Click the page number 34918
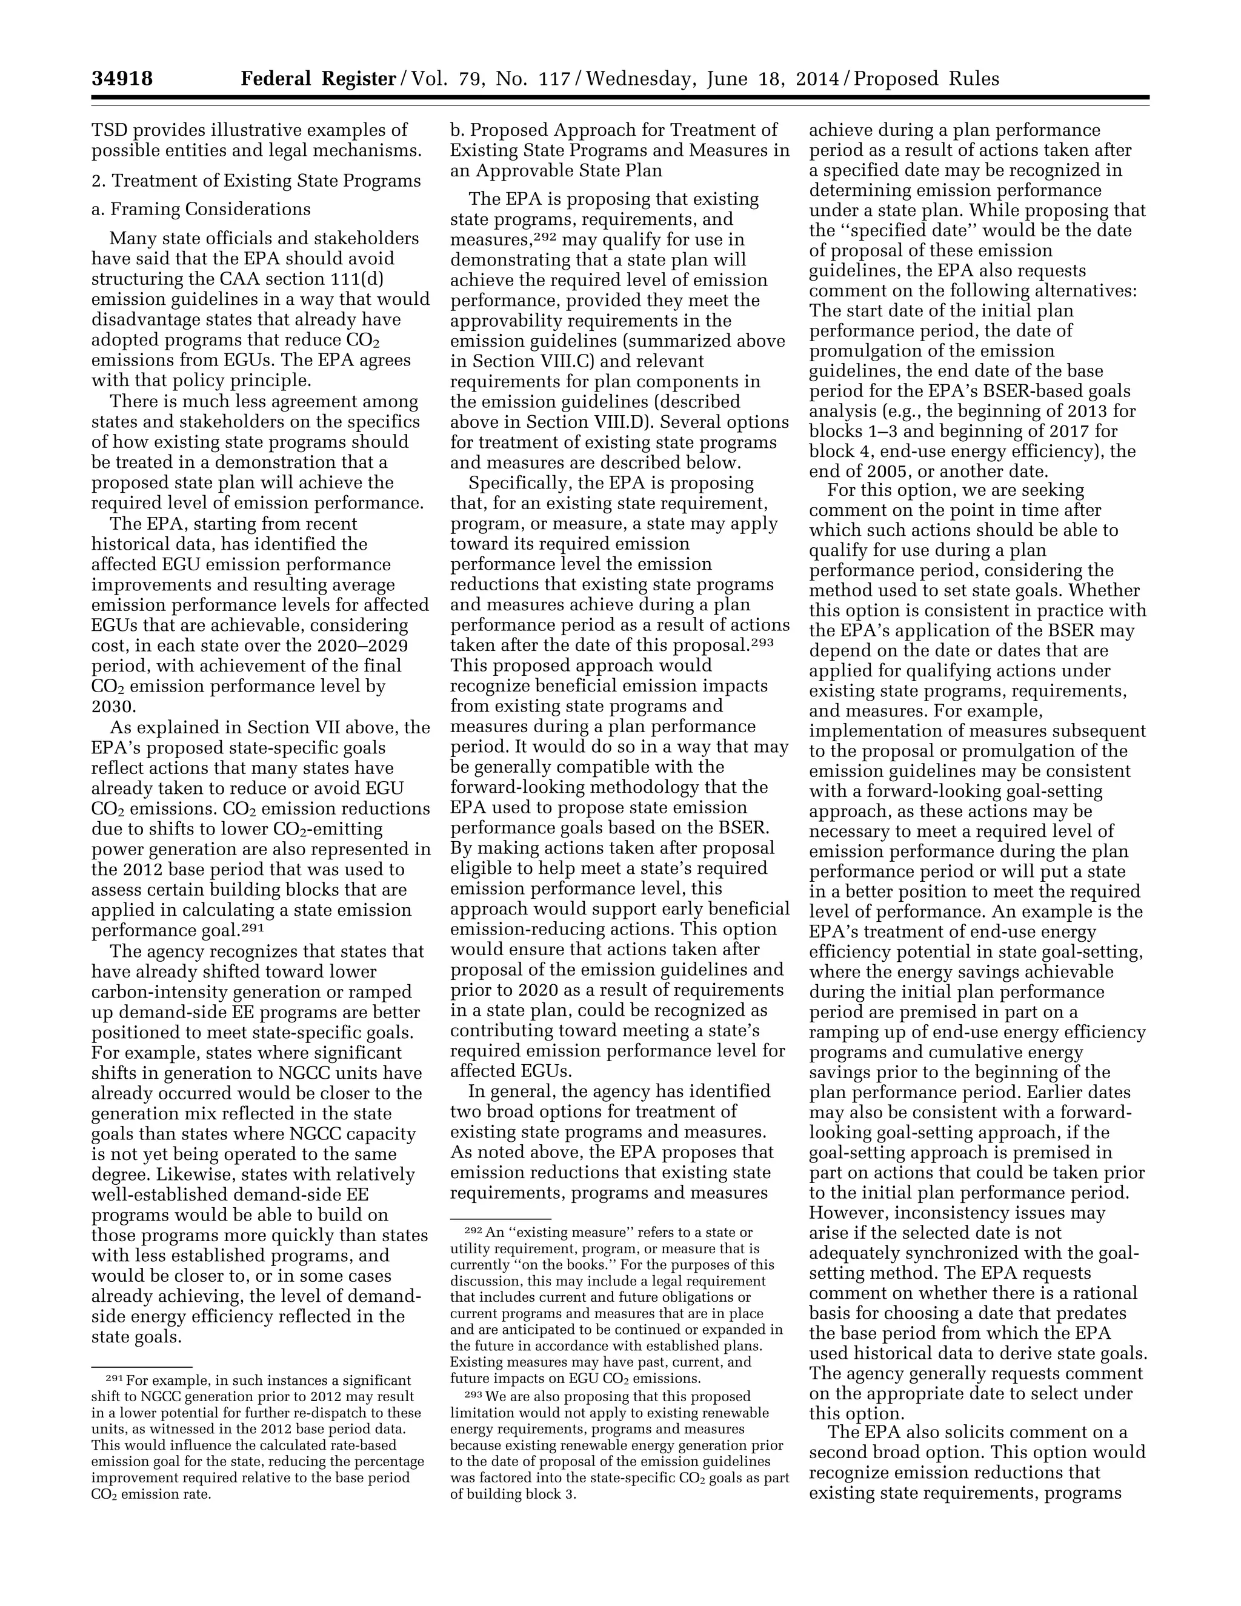click(122, 79)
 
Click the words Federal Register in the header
click(318, 79)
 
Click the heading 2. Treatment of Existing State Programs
click(256, 180)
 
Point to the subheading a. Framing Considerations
click(201, 209)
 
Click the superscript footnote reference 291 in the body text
click(252, 927)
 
